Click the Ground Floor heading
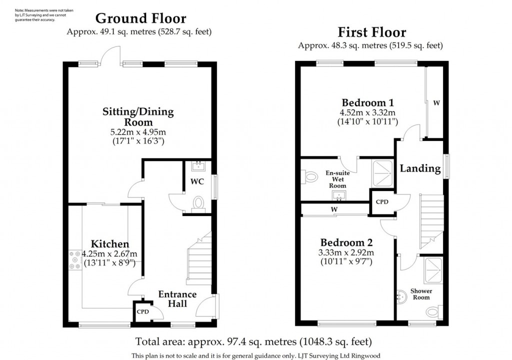[x=140, y=18]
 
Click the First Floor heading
[x=372, y=32]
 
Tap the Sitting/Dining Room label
[x=138, y=116]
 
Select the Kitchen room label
[x=110, y=243]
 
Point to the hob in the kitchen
[x=75, y=260]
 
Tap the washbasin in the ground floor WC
[x=198, y=166]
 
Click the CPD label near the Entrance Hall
[x=142, y=311]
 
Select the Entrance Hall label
[x=177, y=299]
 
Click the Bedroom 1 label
[x=368, y=102]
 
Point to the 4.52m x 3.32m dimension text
[x=367, y=112]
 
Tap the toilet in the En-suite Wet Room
[x=309, y=176]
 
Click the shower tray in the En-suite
[x=382, y=173]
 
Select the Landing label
[x=420, y=168]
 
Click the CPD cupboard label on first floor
[x=382, y=202]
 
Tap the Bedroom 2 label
[x=346, y=242]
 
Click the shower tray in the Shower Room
[x=433, y=270]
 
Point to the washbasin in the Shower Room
[x=402, y=297]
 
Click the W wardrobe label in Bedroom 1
[x=436, y=103]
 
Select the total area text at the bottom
[x=253, y=341]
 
